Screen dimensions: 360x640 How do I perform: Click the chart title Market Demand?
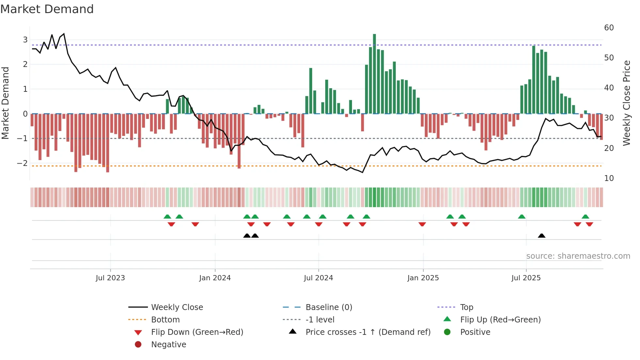pos(47,9)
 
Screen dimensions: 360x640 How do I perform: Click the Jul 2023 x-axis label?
pos(110,278)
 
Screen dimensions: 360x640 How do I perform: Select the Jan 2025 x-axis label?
pos(423,278)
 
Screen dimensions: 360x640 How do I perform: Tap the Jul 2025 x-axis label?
pos(526,278)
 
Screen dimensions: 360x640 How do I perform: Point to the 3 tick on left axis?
pos(25,40)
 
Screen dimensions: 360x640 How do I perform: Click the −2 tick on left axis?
pos(22,163)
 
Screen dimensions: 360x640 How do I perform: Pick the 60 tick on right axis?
pos(609,28)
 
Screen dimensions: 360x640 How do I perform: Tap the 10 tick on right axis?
pos(609,178)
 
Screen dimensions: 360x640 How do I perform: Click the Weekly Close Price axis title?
pos(626,103)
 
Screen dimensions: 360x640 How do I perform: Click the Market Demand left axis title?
pos(6,103)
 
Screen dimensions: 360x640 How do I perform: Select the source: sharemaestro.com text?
pos(578,256)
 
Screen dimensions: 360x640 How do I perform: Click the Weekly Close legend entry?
pos(177,307)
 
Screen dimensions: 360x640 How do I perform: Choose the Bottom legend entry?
pos(165,320)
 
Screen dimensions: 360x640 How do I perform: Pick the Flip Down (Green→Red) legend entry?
pos(197,332)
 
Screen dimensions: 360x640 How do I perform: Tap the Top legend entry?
pos(466,307)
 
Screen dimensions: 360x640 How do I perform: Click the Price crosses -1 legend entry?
pos(368,332)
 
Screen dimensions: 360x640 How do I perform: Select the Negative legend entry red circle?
pos(138,345)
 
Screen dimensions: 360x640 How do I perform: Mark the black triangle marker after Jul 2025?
pos(541,236)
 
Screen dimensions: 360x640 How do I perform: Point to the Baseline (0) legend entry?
pos(328,307)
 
